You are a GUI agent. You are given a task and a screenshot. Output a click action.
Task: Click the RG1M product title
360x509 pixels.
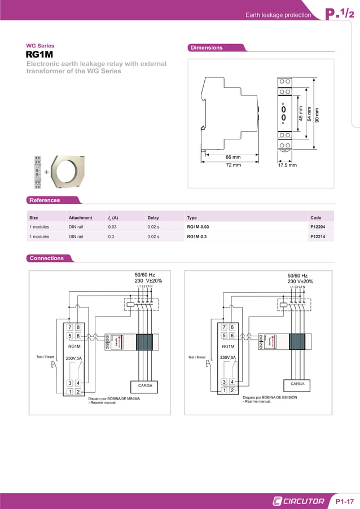39,55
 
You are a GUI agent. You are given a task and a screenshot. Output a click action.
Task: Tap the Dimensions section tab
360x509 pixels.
207,48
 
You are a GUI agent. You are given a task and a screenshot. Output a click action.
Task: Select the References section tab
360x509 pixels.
45,200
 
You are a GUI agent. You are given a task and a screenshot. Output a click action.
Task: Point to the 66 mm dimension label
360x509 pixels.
233,157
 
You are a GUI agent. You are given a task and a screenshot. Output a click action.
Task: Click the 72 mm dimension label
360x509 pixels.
233,165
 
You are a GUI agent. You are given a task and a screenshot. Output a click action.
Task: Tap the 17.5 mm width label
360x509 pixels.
287,165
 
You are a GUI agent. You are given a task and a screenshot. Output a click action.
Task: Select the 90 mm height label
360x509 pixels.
317,115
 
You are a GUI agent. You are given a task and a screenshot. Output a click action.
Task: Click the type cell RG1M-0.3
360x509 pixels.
197,237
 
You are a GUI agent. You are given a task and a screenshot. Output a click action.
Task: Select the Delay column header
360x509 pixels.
153,217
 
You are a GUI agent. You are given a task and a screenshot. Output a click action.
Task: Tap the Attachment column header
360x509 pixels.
80,217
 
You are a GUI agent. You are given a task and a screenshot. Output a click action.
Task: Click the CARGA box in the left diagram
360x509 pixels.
144,386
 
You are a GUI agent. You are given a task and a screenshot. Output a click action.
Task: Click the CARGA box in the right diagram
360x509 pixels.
297,384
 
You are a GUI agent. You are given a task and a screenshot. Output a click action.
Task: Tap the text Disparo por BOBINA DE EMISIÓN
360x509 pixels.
270,397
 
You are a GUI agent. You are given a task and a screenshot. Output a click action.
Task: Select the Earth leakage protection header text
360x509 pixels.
278,15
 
